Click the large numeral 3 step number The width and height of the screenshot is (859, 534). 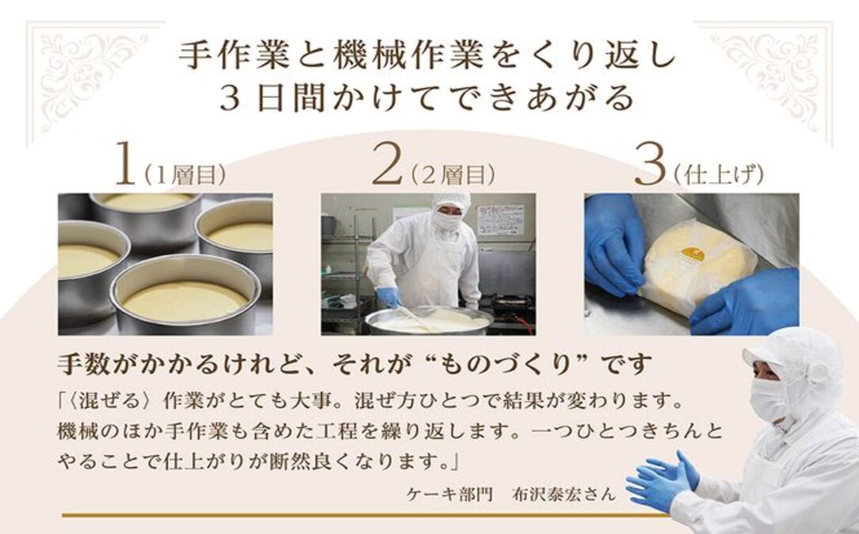649,166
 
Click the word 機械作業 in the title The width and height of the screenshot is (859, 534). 377,55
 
